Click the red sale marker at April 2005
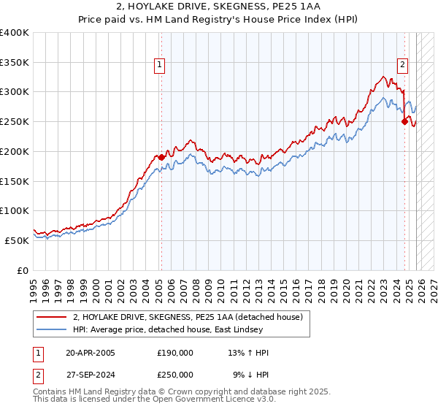pos(161,157)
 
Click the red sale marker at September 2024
pos(404,122)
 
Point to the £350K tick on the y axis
pos(15,63)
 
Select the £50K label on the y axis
pos(17,240)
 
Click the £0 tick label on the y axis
pos(23,270)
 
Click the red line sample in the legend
pos(52,317)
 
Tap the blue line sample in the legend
pos(52,330)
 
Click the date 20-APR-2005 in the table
pos(91,353)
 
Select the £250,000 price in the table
pos(175,374)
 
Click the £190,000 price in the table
pos(175,353)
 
